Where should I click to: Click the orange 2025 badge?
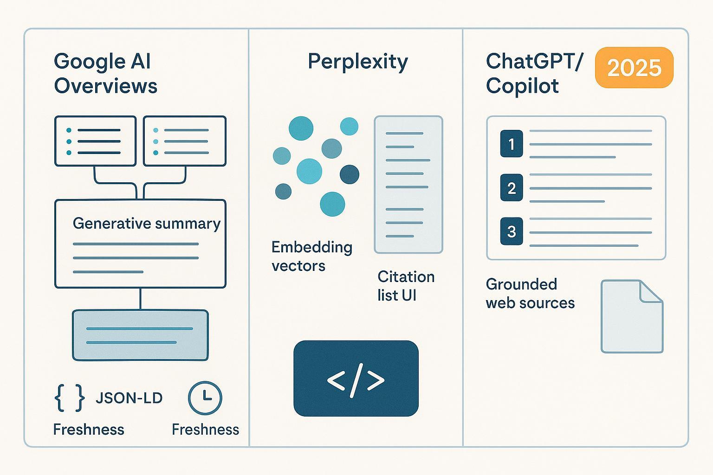tap(634, 68)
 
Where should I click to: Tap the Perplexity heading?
tap(357, 62)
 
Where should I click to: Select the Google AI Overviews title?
tap(105, 74)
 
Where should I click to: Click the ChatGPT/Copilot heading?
tap(534, 74)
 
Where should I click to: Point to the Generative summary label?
tap(146, 224)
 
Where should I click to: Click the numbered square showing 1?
tap(512, 144)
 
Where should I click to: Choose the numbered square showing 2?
tap(512, 188)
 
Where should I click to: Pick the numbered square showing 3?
tap(512, 231)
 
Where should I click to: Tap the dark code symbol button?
tap(356, 379)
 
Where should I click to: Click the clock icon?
tap(205, 398)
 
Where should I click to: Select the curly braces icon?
tap(70, 398)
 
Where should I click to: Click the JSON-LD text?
tap(129, 398)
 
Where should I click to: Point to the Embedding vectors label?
tap(311, 256)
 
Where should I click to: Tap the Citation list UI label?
tap(406, 286)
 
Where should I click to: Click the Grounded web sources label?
tap(530, 293)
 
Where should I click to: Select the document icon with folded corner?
tap(632, 316)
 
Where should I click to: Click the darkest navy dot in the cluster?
tap(350, 174)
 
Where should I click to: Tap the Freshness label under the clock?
tap(205, 430)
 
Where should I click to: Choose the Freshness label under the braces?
tap(89, 430)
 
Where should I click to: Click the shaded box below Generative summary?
tap(140, 335)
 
